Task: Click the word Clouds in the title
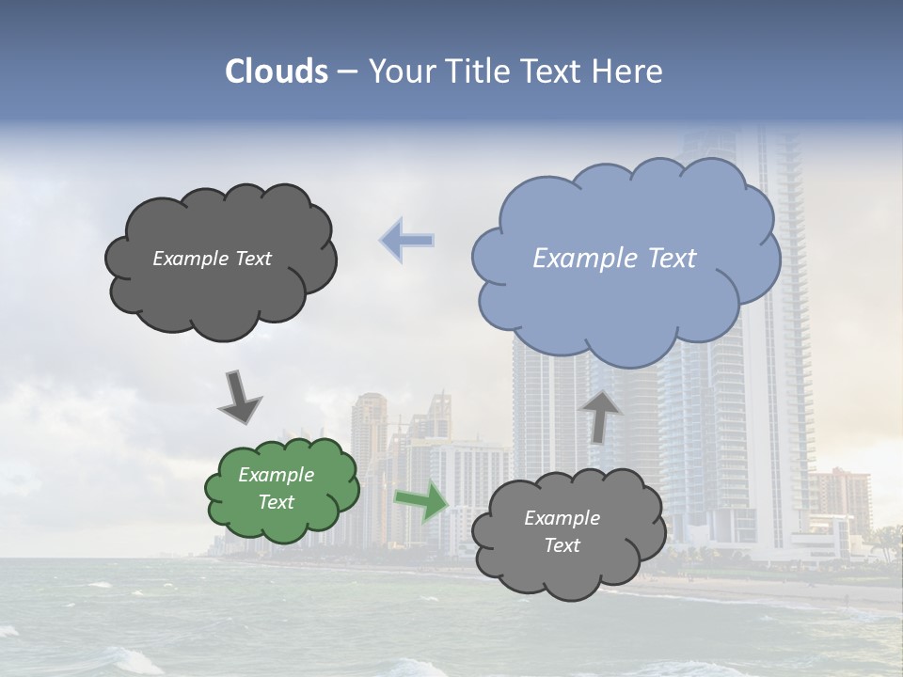(x=276, y=71)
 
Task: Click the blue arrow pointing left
(x=407, y=240)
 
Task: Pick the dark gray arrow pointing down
(x=239, y=395)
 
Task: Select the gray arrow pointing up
(x=600, y=416)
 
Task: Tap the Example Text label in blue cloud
(x=614, y=259)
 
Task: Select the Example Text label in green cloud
(x=276, y=489)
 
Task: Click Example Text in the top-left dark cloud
(x=212, y=259)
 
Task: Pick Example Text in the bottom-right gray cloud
(x=562, y=531)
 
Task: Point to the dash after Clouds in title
(x=347, y=71)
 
